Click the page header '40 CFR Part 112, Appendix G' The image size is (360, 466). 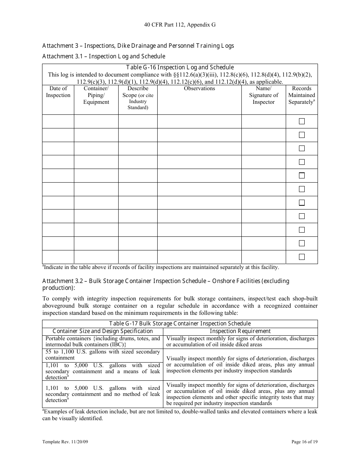click(x=180, y=25)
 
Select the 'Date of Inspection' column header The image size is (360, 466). click(x=58, y=92)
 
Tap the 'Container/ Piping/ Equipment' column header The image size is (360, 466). click(x=96, y=95)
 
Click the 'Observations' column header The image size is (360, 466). click(x=199, y=89)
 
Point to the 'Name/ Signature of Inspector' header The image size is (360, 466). click(x=263, y=95)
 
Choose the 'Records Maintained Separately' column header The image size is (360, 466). click(x=302, y=95)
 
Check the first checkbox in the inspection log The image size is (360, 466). click(x=302, y=121)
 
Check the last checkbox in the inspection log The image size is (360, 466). click(x=302, y=257)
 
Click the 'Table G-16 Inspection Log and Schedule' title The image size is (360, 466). click(x=180, y=67)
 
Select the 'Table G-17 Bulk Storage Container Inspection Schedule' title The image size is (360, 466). click(x=180, y=324)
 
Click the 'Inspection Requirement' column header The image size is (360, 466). click(x=240, y=331)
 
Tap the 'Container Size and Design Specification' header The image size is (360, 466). click(x=102, y=331)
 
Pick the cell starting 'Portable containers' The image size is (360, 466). click(x=103, y=341)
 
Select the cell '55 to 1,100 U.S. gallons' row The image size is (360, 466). click(x=103, y=355)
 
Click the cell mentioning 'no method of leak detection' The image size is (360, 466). click(x=103, y=394)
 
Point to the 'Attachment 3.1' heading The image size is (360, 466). click(x=103, y=56)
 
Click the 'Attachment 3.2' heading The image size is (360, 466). click(x=166, y=284)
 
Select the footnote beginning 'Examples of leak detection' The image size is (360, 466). click(x=180, y=415)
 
